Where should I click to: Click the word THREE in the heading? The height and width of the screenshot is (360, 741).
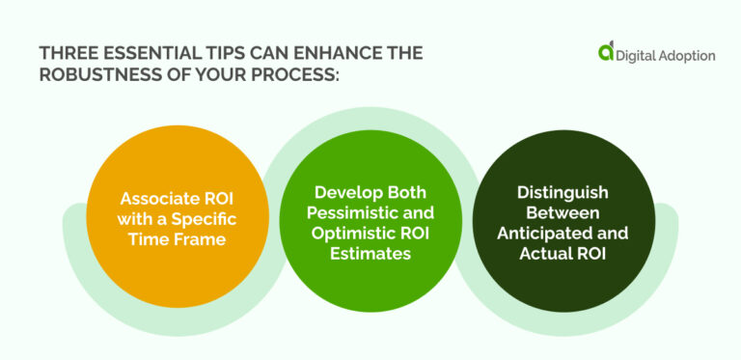(66, 52)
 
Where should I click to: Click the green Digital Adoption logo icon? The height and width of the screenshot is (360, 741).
(605, 53)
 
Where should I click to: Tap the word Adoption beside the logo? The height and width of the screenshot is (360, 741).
(690, 56)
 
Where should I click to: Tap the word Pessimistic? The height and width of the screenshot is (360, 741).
(350, 212)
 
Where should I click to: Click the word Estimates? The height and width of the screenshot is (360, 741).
(370, 254)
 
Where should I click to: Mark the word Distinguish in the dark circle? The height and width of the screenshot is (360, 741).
(563, 192)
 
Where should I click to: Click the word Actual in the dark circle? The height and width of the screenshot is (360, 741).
(546, 254)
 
